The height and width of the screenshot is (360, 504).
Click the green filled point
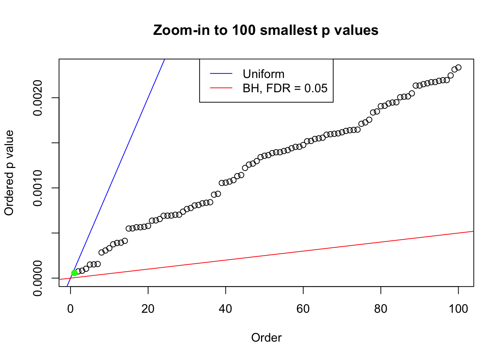74,273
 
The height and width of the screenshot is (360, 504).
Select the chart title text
266,30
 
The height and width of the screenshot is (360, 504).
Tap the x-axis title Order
266,337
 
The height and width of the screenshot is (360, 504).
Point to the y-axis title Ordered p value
9,173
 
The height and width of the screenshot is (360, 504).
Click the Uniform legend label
264,74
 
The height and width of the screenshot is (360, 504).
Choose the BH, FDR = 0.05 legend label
285,88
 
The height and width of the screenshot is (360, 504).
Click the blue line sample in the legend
221,74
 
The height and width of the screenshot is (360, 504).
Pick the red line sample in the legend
221,88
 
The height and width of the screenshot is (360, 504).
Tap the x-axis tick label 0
70,309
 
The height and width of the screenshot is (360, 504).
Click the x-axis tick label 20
148,309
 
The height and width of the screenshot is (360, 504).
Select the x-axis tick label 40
226,309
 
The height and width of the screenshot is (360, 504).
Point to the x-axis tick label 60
303,309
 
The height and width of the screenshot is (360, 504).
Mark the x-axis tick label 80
381,309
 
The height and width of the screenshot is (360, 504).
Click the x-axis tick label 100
458,309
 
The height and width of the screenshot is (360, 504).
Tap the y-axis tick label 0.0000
38,278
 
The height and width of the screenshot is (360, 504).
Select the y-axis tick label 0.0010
38,188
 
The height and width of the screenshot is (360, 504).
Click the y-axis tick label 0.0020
38,98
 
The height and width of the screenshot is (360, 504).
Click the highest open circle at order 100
458,67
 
